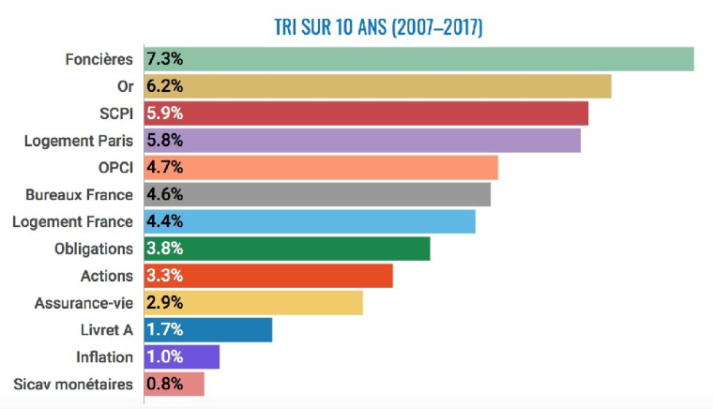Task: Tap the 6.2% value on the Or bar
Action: pyautogui.click(x=164, y=86)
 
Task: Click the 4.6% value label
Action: pyautogui.click(x=164, y=195)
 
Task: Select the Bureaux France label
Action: pyautogui.click(x=79, y=195)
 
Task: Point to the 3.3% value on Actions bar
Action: pyautogui.click(x=164, y=276)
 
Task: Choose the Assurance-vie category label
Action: pyautogui.click(x=83, y=303)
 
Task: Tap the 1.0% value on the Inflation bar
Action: pyautogui.click(x=164, y=357)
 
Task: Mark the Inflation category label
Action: pyautogui.click(x=104, y=357)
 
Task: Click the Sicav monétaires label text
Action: pyautogui.click(x=73, y=384)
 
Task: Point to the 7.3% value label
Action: pyautogui.click(x=164, y=59)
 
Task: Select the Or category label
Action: pyautogui.click(x=123, y=86)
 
